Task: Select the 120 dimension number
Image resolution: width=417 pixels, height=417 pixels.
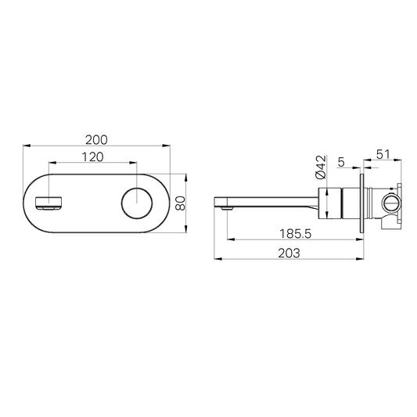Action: click(x=94, y=157)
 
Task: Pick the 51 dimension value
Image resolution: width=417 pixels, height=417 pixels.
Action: click(x=383, y=155)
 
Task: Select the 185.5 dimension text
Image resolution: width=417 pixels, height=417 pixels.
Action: click(x=293, y=233)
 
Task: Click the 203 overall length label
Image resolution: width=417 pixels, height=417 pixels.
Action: click(x=289, y=252)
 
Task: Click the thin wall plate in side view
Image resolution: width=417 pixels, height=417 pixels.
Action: click(x=362, y=204)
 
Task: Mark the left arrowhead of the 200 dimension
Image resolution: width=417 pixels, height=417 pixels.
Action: click(x=25, y=146)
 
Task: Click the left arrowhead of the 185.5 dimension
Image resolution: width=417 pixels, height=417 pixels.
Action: click(x=228, y=240)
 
